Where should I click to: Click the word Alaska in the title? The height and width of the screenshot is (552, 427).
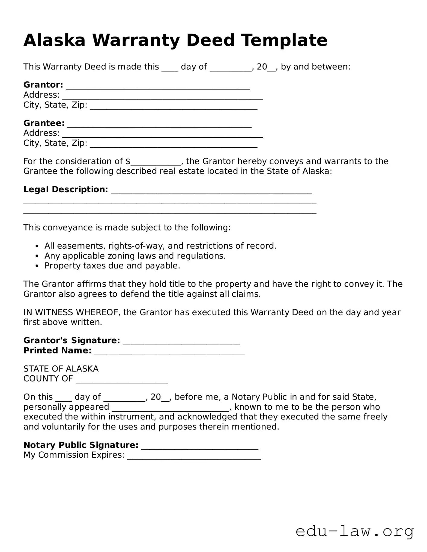coord(54,40)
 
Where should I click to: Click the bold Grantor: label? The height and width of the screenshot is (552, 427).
coord(43,85)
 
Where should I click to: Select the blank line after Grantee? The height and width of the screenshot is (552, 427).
coord(159,124)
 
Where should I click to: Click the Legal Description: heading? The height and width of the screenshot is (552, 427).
coord(65,190)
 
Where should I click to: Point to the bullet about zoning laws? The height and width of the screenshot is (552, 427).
coord(135,256)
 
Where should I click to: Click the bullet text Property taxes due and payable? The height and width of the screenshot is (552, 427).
coord(112,266)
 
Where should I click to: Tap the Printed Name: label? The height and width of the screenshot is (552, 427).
coord(57,350)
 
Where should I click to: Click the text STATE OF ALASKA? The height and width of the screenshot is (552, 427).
coord(61,369)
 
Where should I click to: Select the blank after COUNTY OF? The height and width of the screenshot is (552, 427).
coord(122,380)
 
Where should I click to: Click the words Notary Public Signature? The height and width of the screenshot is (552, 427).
coord(81,445)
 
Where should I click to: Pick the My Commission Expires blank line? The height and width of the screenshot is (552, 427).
coord(194,456)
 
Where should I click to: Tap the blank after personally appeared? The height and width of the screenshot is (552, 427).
coord(170,408)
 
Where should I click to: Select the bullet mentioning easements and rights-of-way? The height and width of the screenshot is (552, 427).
coord(160,246)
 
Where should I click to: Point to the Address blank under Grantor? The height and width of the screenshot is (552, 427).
coord(162,96)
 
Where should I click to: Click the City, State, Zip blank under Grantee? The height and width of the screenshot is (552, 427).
coord(173,144)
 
